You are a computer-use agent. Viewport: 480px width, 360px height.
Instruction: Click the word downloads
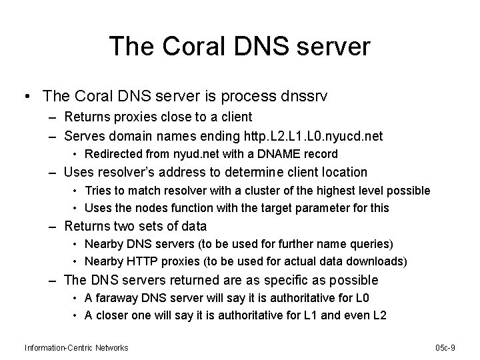pos(370,261)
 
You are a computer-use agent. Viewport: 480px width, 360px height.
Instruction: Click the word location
pos(343,172)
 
